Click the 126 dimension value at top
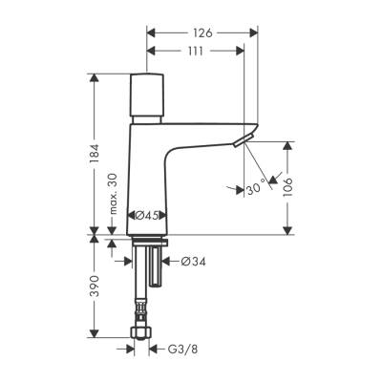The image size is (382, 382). point(202,32)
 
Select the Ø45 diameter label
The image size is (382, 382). point(144,215)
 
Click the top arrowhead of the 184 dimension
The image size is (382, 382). point(95,76)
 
